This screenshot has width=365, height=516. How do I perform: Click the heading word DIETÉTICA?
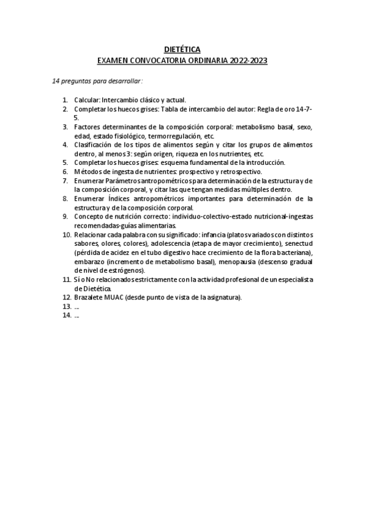click(x=182, y=50)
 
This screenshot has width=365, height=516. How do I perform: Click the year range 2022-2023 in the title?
click(x=247, y=61)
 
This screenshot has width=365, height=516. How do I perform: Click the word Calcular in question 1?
click(x=87, y=100)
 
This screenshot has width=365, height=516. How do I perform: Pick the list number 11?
click(x=67, y=279)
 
